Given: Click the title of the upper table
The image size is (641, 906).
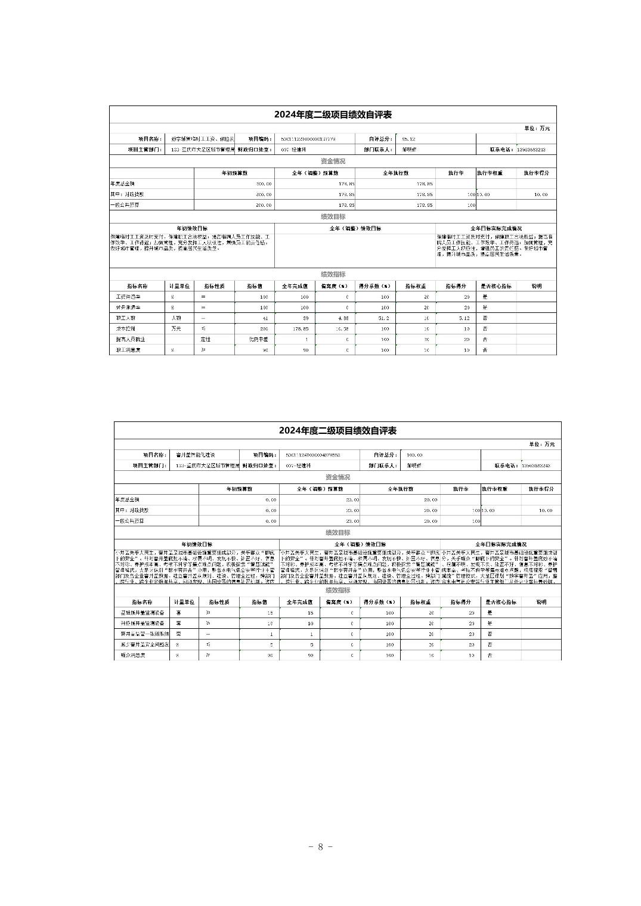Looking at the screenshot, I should point(333,114).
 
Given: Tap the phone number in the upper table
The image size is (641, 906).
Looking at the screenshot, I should point(531,150).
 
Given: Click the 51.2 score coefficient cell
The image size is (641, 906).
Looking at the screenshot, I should point(383,318).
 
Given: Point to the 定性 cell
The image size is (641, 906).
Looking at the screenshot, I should point(205,339).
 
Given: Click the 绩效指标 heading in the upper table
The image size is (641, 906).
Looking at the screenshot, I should point(333,275).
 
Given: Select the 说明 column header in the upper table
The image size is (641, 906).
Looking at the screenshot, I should point(536,286).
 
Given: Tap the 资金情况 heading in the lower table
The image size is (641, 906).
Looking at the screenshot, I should point(337,477).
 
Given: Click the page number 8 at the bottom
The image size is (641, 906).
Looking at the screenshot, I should point(320,847).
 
